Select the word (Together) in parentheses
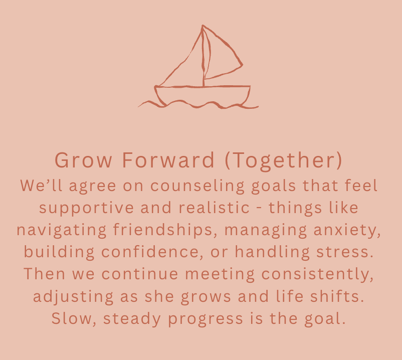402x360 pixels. coord(283,160)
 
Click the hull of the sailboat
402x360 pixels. coord(203,95)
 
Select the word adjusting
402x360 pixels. coord(68,296)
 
